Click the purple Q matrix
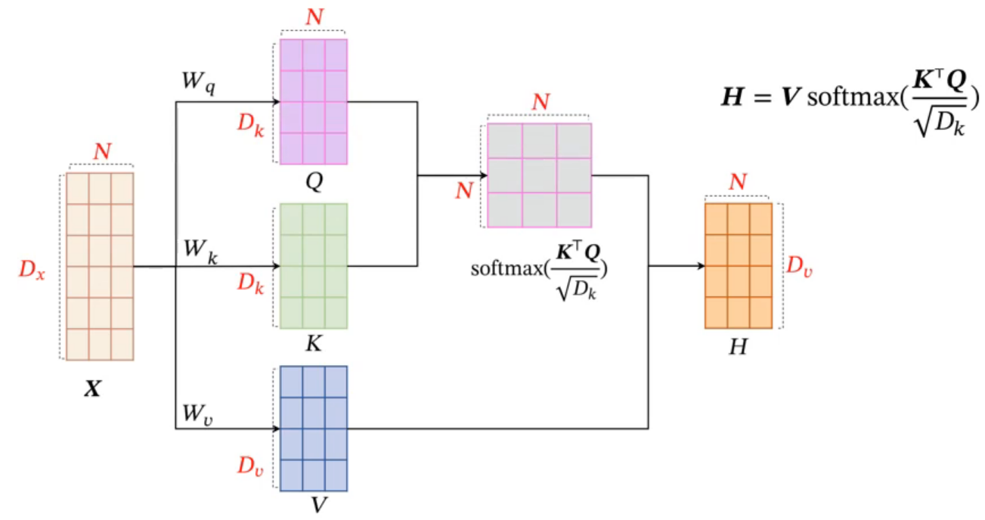[x=314, y=101]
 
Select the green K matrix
[x=314, y=266]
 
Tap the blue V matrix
[x=314, y=429]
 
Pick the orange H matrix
[x=739, y=265]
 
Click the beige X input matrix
[x=100, y=267]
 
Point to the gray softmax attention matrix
[x=540, y=175]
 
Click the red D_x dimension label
[x=33, y=270]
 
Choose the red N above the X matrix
[x=101, y=152]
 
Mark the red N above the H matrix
[x=739, y=182]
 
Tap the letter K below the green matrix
[x=314, y=345]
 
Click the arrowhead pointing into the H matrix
[x=700, y=266]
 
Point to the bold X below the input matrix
[x=94, y=392]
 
